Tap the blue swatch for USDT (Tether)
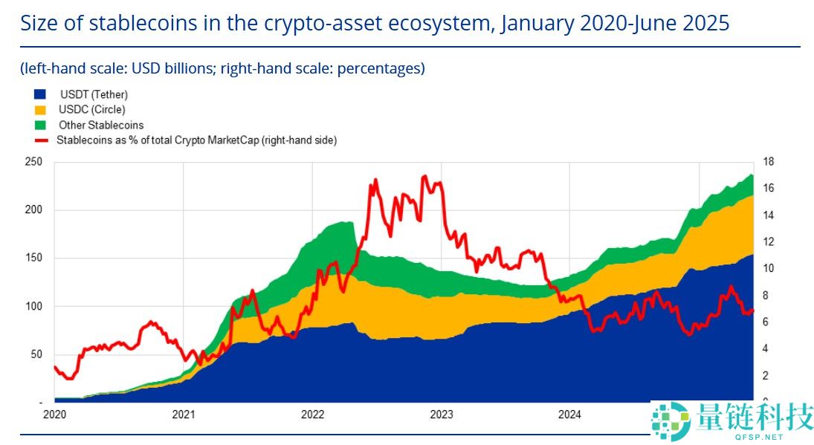(40, 94)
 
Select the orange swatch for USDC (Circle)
(40, 110)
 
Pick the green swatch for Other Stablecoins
(40, 125)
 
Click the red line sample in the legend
(42, 140)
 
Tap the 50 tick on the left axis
(36, 354)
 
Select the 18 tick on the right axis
(769, 162)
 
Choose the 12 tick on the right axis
(769, 242)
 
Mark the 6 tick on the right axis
(766, 322)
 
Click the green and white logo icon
(671, 421)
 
